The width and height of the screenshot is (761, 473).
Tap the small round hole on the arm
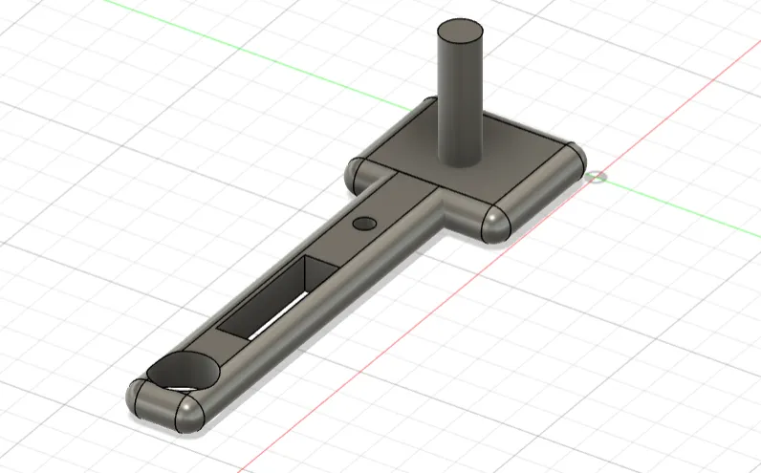(x=364, y=223)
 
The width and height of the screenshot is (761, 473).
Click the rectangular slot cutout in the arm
(x=272, y=296)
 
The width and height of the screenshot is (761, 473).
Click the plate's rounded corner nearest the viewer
(x=492, y=222)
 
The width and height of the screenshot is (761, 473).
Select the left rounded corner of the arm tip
(x=139, y=394)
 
